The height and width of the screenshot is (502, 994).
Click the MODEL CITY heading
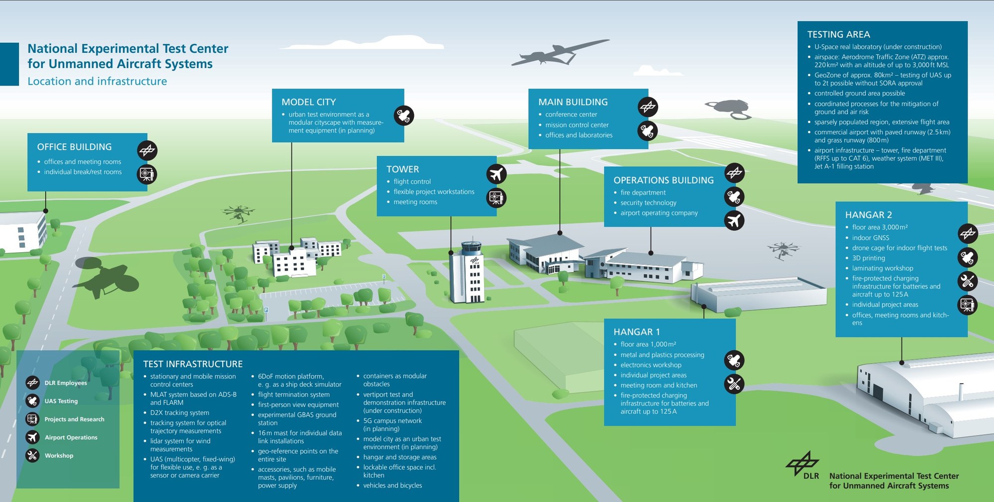click(309, 102)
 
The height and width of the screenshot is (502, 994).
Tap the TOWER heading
click(403, 169)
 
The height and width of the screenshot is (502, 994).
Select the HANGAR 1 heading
click(637, 332)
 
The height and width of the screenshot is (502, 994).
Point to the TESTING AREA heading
click(838, 34)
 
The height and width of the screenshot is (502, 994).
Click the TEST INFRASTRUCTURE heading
click(193, 364)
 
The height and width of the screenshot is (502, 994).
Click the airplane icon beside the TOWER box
click(496, 174)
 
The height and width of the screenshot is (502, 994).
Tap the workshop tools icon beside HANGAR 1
click(734, 384)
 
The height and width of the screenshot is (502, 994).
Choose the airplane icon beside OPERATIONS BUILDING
click(734, 220)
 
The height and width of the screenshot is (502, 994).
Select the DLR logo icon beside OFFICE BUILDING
click(147, 150)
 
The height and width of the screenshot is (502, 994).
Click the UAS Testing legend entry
click(61, 401)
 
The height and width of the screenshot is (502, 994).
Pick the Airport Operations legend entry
click(71, 437)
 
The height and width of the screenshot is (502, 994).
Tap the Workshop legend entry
click(59, 456)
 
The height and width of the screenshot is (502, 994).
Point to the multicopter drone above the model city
click(239, 213)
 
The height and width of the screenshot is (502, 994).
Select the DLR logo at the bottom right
click(802, 465)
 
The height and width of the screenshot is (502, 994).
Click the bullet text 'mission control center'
click(577, 125)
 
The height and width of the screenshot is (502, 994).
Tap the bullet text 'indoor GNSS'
click(870, 238)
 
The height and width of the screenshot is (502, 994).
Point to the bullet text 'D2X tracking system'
click(179, 413)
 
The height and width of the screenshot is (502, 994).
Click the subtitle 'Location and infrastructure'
click(97, 81)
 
